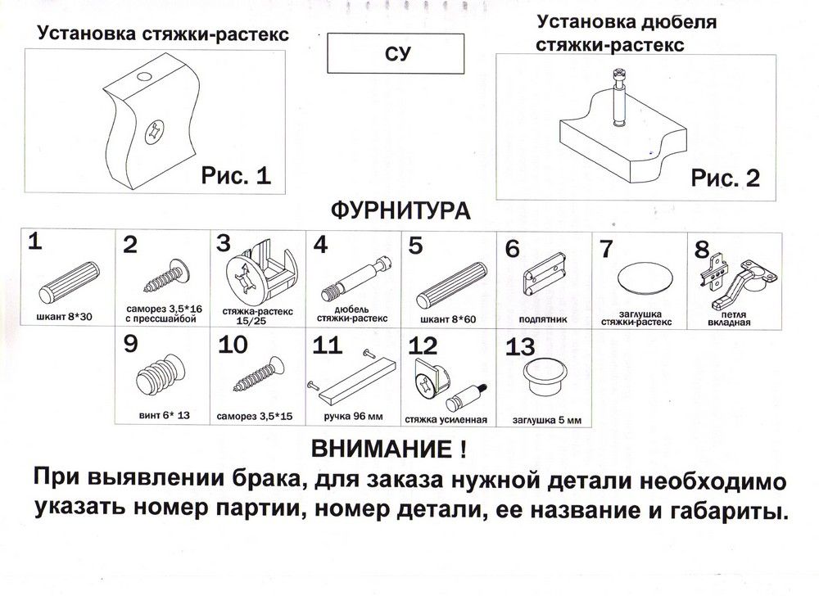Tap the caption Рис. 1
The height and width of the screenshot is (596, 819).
coord(235,175)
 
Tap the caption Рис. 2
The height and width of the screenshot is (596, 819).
coord(725,178)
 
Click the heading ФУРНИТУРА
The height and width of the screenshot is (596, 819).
coord(400,211)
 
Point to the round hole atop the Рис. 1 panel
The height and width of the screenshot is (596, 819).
coord(144,77)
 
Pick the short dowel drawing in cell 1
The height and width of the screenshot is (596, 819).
coord(69,282)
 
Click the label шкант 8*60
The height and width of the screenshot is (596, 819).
coord(450,318)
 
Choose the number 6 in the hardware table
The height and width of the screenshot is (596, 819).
coord(513,247)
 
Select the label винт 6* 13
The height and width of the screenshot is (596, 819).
coord(163,415)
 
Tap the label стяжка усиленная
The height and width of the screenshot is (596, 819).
coord(446,420)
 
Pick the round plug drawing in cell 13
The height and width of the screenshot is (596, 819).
coord(545,377)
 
